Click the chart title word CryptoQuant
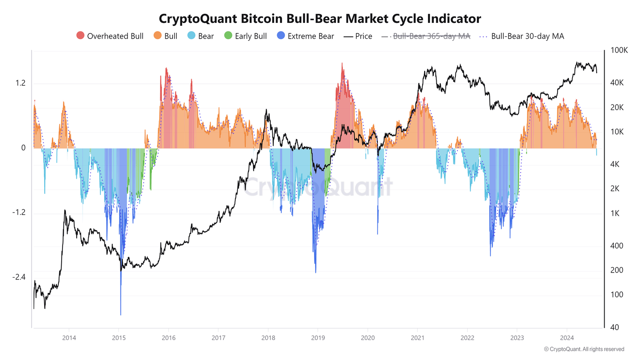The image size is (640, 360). coord(193,19)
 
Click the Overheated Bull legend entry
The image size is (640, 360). coord(110,36)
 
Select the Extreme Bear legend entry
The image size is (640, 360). coord(305,36)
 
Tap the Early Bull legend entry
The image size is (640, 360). coord(245,36)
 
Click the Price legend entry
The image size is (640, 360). coord(358,36)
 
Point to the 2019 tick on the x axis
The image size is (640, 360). coord(318,337)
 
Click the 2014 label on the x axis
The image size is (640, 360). coord(69,337)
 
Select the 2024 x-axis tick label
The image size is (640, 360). coord(567,337)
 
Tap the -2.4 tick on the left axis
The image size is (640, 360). coord(19,277)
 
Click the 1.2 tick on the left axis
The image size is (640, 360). coord(20,83)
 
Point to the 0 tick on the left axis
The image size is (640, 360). coord(23,148)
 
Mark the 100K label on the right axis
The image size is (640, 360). coord(619,50)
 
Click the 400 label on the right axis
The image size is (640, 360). coord(617,246)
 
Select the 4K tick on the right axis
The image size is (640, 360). coord(615,165)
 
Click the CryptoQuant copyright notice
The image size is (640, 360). coord(584,349)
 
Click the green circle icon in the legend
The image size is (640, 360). coord(228,36)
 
